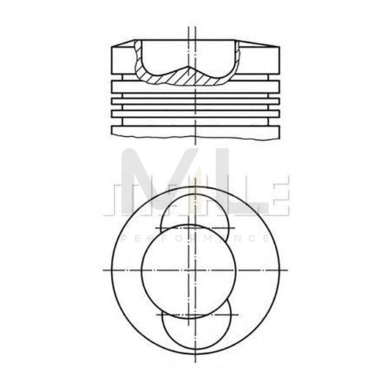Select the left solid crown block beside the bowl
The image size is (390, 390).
[x=122, y=59]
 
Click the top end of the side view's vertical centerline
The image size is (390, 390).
[x=192, y=27]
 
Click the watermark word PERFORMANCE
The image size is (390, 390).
[x=194, y=239]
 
